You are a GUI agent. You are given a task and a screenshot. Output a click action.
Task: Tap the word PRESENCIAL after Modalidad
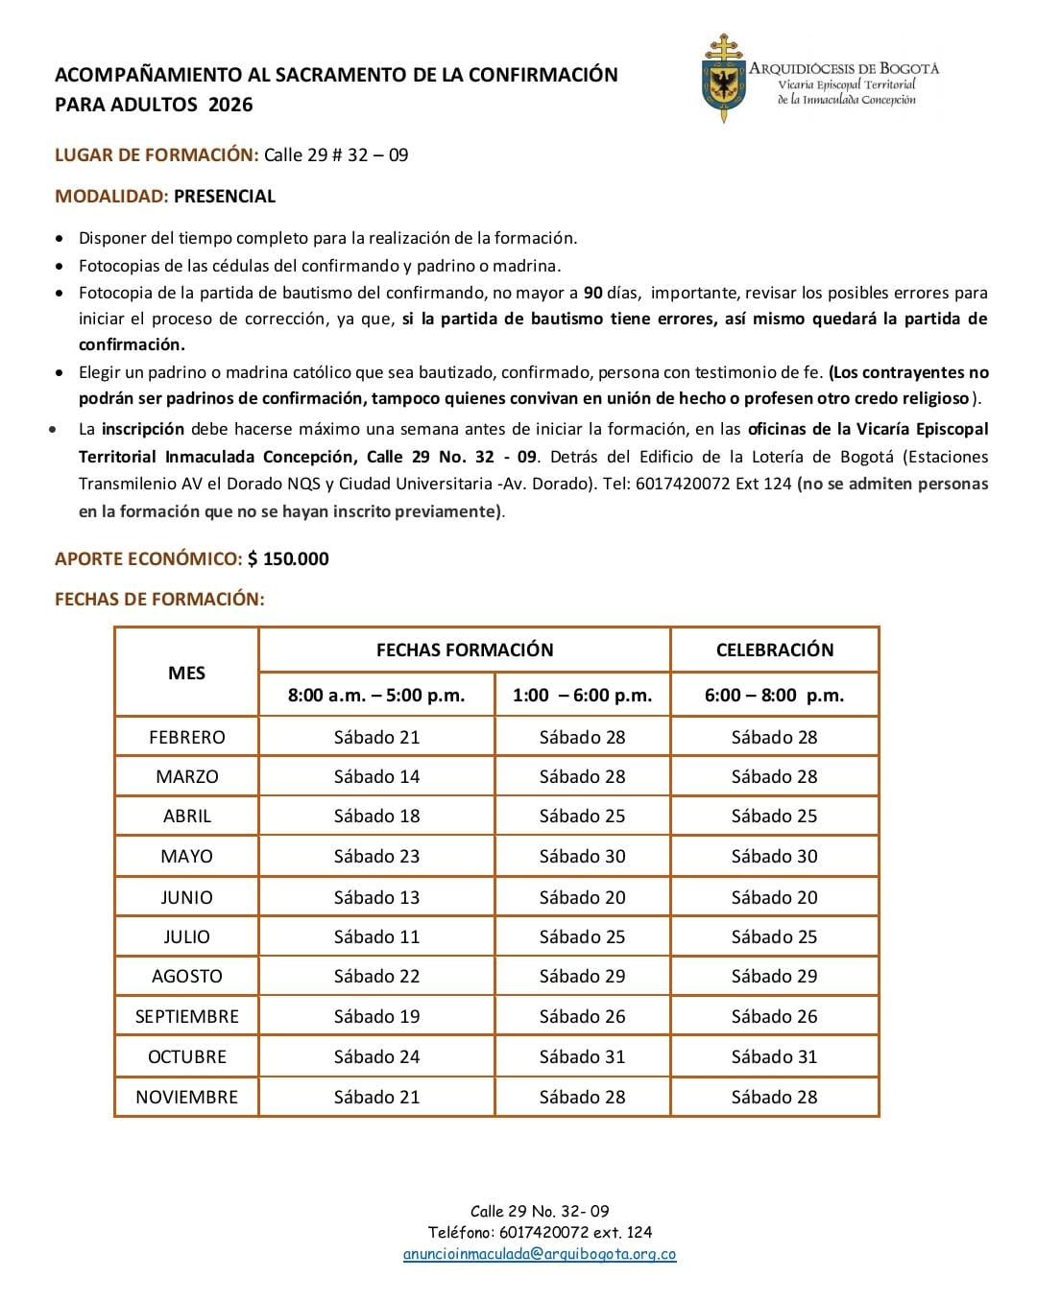(x=225, y=196)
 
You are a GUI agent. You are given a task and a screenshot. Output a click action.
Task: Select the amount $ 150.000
(x=288, y=558)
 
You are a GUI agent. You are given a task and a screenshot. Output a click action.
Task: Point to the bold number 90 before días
(x=592, y=293)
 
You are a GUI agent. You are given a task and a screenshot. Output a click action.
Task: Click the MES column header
(x=186, y=673)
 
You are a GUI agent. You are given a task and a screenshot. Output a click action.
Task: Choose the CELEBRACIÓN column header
(x=774, y=650)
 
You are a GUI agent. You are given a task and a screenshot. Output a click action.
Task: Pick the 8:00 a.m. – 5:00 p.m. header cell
(x=376, y=695)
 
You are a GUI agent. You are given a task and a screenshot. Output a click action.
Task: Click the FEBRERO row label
(x=186, y=737)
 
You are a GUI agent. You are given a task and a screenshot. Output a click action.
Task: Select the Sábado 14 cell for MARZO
(x=376, y=776)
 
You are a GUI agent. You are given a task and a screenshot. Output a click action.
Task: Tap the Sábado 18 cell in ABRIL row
(x=376, y=816)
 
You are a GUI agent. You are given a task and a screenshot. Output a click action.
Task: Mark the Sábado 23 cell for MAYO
(x=376, y=856)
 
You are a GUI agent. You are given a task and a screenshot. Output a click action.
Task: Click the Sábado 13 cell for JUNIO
(x=376, y=897)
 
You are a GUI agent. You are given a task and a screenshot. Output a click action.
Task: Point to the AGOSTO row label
(x=186, y=976)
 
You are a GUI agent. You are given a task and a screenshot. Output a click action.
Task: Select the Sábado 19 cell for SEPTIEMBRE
(x=376, y=1016)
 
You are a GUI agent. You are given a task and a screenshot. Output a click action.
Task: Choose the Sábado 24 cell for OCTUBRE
(x=376, y=1056)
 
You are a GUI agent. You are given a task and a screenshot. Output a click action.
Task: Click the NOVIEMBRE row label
(x=186, y=1097)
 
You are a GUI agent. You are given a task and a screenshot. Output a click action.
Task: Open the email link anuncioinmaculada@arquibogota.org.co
(x=540, y=1254)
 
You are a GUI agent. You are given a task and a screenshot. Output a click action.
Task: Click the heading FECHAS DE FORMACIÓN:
(x=159, y=599)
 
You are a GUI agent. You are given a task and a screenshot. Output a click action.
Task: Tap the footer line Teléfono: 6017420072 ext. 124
(x=540, y=1232)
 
